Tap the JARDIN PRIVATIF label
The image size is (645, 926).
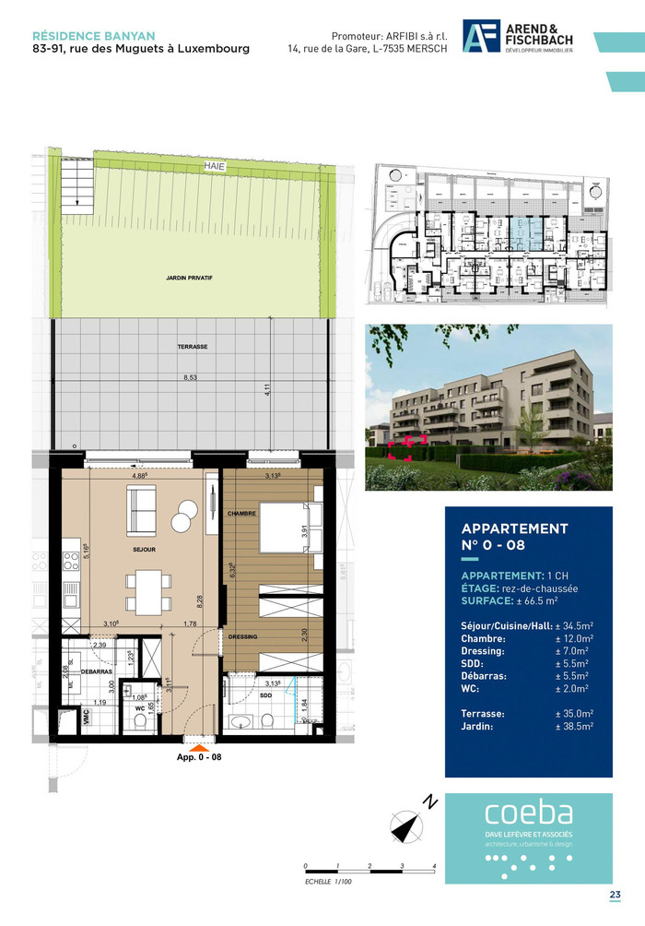pos(190,276)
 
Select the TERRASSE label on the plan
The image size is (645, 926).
pos(193,346)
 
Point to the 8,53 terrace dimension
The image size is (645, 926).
pos(191,377)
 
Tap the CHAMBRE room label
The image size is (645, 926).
pos(241,513)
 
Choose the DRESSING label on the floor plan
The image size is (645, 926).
pos(243,636)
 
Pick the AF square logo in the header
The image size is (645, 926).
pos(481,38)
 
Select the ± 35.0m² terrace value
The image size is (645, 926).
pos(573,714)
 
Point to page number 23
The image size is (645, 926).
pos(615,895)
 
